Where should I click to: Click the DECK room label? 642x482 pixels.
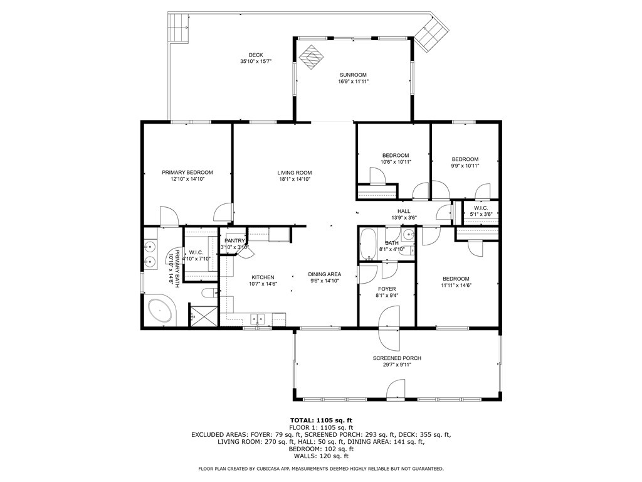coord(255,55)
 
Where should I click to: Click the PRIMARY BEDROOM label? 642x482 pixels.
coord(187,173)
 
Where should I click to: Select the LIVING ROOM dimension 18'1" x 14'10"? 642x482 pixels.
coord(295,179)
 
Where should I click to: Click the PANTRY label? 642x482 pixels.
coord(234,240)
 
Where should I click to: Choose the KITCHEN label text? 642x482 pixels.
coord(263,277)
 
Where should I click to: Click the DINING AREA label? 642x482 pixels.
coord(324,274)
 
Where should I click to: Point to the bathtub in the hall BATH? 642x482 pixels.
coord(368,245)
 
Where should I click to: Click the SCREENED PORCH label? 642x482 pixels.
coord(397,358)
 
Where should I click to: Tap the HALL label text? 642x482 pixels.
coord(404,212)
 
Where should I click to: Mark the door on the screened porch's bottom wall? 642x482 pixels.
coord(396,394)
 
